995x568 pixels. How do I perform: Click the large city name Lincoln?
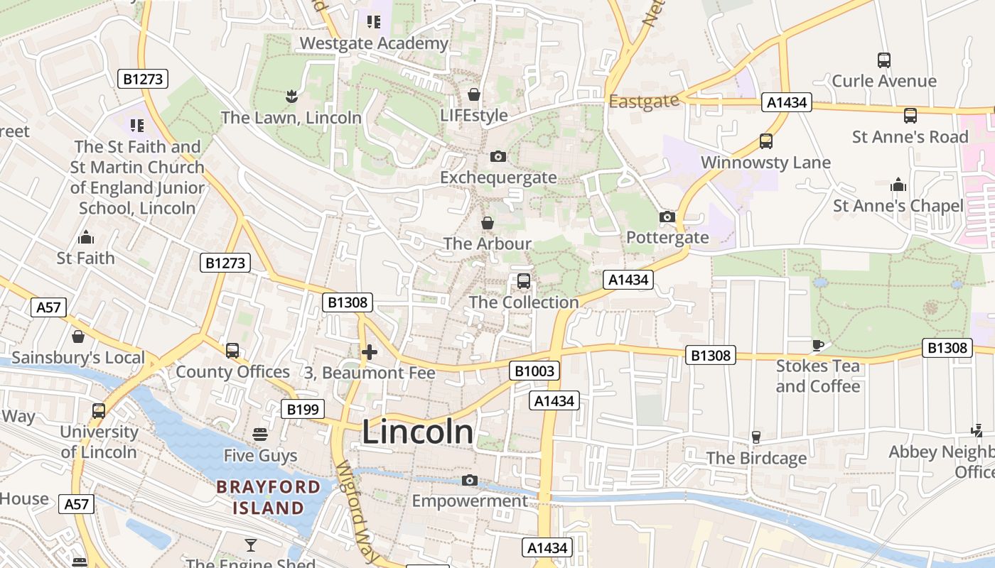pyautogui.click(x=417, y=432)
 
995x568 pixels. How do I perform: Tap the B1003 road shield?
pyautogui.click(x=534, y=371)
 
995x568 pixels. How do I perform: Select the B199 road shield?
pyautogui.click(x=303, y=409)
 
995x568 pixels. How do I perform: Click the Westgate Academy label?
pyautogui.click(x=374, y=43)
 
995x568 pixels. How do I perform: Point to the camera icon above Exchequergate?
pyautogui.click(x=498, y=156)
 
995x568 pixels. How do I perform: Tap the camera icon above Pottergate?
pyautogui.click(x=667, y=217)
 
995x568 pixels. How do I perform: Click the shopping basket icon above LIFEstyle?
pyautogui.click(x=474, y=94)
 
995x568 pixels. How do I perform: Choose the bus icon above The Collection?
pyautogui.click(x=524, y=281)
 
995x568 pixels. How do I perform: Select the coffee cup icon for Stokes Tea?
pyautogui.click(x=818, y=346)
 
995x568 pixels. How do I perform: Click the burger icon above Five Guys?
pyautogui.click(x=260, y=434)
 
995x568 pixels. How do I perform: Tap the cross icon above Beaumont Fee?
pyautogui.click(x=370, y=352)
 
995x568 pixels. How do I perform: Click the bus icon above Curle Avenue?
pyautogui.click(x=884, y=60)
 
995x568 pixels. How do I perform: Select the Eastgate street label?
pyautogui.click(x=644, y=102)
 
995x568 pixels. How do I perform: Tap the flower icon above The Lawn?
pyautogui.click(x=291, y=95)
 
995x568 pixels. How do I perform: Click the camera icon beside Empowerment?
pyautogui.click(x=469, y=481)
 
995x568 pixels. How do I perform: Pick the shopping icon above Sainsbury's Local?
pyautogui.click(x=78, y=337)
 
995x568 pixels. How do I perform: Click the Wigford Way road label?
pyautogui.click(x=360, y=509)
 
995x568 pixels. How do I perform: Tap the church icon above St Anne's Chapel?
pyautogui.click(x=898, y=185)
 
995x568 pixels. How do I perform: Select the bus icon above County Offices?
pyautogui.click(x=232, y=351)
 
